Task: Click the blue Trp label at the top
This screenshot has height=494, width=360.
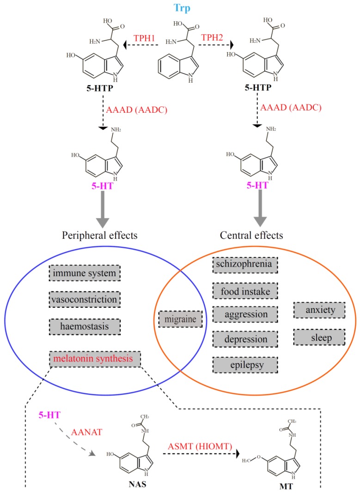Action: [x=182, y=7]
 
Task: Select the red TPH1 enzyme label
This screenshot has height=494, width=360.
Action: [x=144, y=38]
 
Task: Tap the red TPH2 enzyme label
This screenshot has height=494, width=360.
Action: [x=212, y=37]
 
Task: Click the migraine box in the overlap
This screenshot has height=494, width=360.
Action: [x=181, y=319]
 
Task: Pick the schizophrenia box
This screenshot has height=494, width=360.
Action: [x=245, y=264]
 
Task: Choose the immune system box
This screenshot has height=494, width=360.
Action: [x=85, y=273]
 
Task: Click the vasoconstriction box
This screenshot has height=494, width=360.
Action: [x=85, y=299]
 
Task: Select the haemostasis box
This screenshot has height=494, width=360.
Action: [x=85, y=326]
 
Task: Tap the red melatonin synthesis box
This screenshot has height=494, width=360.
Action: [x=95, y=359]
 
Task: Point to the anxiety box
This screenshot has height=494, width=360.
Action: [x=319, y=310]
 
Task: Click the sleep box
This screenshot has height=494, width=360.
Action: [x=319, y=337]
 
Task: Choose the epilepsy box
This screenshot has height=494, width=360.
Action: [x=245, y=365]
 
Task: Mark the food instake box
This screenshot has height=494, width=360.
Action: [x=245, y=291]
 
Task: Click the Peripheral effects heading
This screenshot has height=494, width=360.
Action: [x=99, y=236]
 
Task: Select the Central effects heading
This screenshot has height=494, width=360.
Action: [x=251, y=235]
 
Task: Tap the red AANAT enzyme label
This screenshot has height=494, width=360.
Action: [x=86, y=432]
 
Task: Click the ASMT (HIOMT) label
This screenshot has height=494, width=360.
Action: [x=200, y=446]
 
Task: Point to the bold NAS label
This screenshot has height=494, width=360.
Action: [x=137, y=484]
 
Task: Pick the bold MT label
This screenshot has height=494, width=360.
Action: [x=286, y=487]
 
